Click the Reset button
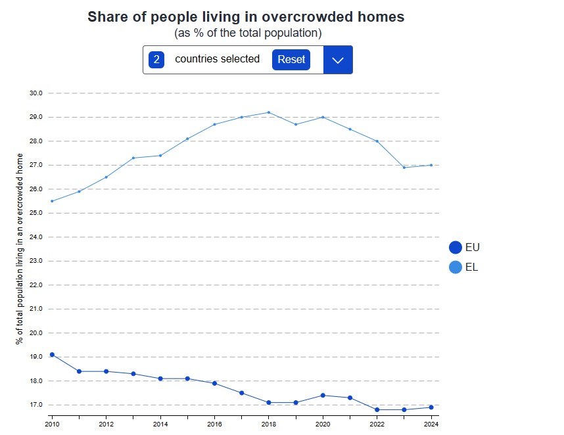point(291,60)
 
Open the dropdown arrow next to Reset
point(338,60)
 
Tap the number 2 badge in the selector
point(156,60)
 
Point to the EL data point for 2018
point(268,112)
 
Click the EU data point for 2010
point(52,355)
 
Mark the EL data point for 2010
point(52,201)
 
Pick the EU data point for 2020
point(323,395)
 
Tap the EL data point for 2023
point(404,168)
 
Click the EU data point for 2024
point(431,407)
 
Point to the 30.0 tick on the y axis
point(35,93)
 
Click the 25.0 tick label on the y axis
point(35,214)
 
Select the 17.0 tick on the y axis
point(35,405)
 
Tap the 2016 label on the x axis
point(214,424)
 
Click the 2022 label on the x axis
point(377,424)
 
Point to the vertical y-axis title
point(20,249)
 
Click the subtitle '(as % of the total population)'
point(248,33)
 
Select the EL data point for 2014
point(160,156)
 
